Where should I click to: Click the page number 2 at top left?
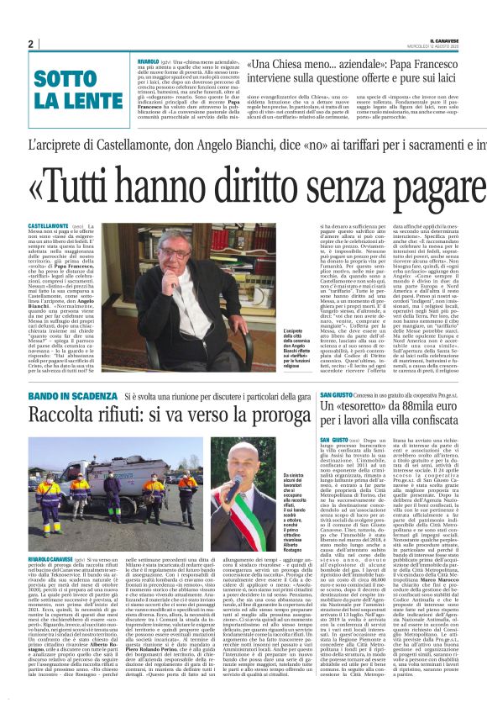[30, 44]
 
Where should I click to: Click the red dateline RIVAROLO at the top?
[149, 61]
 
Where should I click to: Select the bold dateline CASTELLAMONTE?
[49, 227]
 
